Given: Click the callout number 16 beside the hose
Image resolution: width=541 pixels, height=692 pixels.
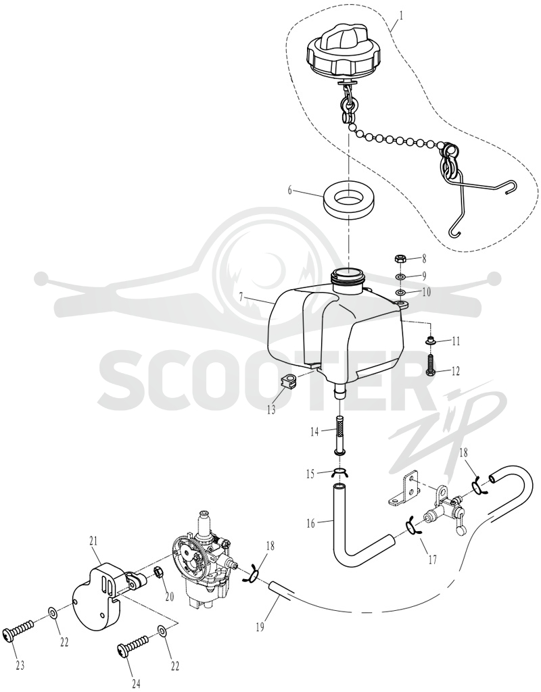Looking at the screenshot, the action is tap(311, 524).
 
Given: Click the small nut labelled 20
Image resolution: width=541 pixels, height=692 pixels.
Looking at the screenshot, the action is tap(158, 574).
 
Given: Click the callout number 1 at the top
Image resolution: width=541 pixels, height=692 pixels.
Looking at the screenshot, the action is tap(401, 15).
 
